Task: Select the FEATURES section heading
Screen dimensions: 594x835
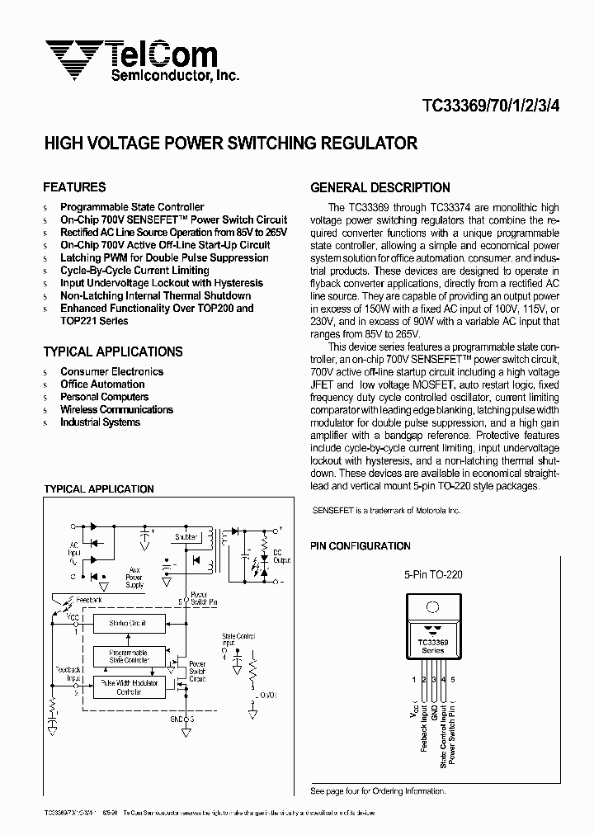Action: coord(74,186)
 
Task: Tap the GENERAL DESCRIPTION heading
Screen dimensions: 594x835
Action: coord(379,187)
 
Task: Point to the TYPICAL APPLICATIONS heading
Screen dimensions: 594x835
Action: coord(112,351)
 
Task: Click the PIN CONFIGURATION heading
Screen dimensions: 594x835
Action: coord(360,546)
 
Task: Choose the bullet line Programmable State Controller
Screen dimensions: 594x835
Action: coord(132,207)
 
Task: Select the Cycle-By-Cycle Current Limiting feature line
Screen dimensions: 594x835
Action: coord(134,271)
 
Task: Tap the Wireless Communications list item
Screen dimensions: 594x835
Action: coord(116,409)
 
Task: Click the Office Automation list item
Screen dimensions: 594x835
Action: coord(102,384)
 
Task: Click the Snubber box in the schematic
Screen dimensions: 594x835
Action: coord(186,537)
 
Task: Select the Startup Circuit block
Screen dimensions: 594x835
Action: coord(127,624)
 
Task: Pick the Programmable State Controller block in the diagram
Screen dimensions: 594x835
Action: coord(127,657)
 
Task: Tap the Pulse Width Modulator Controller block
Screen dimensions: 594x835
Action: coord(127,687)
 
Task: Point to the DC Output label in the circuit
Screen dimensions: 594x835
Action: coord(282,557)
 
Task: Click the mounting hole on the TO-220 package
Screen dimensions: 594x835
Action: coord(432,607)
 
